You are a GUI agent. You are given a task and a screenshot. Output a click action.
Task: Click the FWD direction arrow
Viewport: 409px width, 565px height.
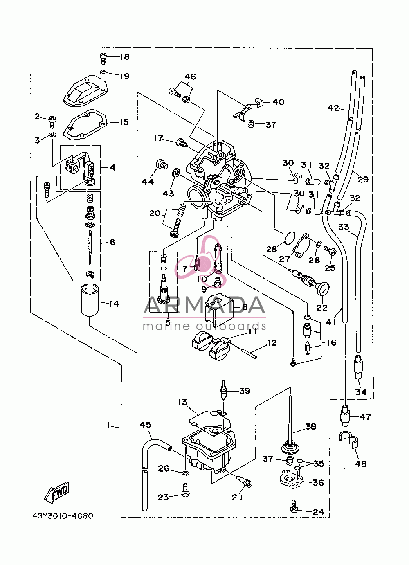[56, 492]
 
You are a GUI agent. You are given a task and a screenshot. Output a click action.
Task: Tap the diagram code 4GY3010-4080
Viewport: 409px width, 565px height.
[63, 516]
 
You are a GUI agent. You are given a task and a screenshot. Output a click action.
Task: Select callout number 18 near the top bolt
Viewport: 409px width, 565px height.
[124, 57]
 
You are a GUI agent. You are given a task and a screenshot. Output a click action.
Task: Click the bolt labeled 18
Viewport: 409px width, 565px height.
[103, 58]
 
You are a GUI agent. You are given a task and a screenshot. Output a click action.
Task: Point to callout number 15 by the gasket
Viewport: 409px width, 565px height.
[124, 122]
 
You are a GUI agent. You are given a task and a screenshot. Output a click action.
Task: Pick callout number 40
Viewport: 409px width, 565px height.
[279, 102]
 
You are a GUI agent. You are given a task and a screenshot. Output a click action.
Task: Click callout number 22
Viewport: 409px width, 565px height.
[322, 308]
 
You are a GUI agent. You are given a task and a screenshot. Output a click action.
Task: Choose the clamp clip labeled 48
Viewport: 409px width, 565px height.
[349, 443]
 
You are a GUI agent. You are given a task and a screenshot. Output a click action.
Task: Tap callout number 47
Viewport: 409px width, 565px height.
[365, 417]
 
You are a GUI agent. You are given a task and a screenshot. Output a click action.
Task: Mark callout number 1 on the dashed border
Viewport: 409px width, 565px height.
[108, 425]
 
